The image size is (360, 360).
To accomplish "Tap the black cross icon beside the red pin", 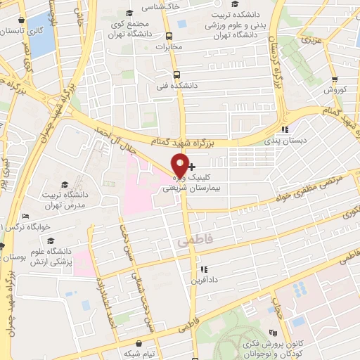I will [193, 167].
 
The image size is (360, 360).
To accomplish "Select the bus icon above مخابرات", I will [168, 37].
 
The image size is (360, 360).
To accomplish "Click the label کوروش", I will [336, 90].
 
